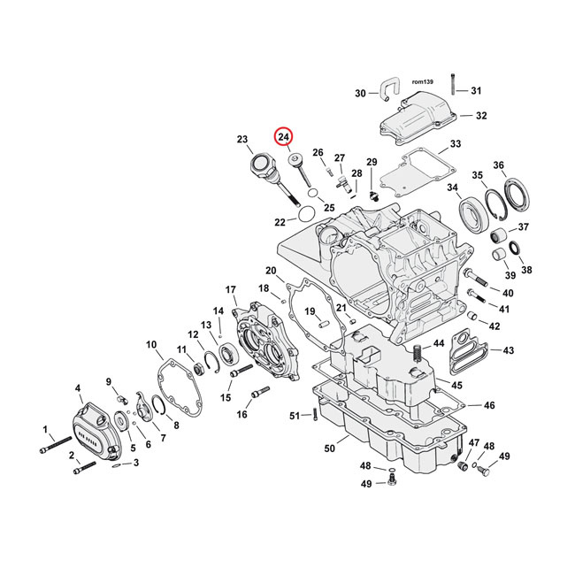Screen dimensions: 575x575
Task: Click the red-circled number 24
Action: (x=282, y=137)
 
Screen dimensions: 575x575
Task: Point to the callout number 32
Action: (x=480, y=116)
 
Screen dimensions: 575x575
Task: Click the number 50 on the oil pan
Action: (x=329, y=449)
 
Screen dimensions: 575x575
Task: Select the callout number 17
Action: (x=231, y=289)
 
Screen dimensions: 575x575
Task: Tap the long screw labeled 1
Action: (x=56, y=444)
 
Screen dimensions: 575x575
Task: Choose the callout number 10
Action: (x=151, y=344)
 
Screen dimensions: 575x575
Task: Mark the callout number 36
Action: (x=524, y=165)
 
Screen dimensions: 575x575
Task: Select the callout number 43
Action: (x=507, y=351)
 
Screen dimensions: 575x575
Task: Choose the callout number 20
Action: (x=271, y=270)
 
